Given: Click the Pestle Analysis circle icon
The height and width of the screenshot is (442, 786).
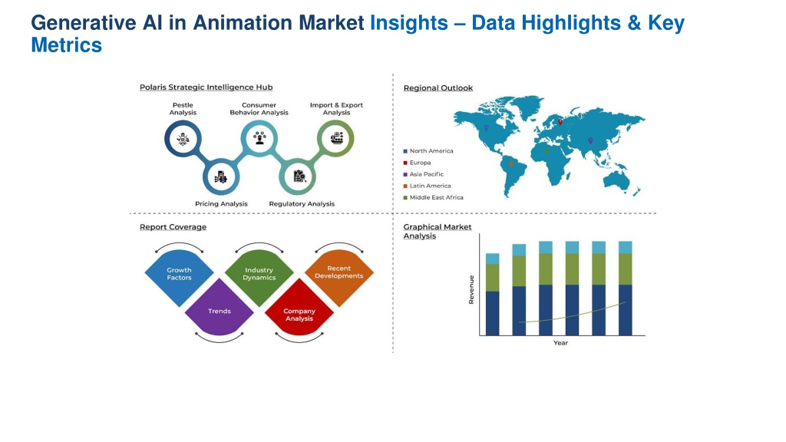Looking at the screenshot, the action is pos(183,138).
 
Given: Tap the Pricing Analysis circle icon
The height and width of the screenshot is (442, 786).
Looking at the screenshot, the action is pos(221,177).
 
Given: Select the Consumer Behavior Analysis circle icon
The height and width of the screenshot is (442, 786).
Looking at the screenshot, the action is pos(259,138).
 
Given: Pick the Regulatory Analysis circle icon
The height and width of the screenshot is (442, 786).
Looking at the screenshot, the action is pos(297,177).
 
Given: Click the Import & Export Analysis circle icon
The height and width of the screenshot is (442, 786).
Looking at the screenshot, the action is pos(335,138).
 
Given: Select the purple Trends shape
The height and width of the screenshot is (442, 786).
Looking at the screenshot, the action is pos(220,308).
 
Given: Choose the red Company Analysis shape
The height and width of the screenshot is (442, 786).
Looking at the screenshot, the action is pos(299,308).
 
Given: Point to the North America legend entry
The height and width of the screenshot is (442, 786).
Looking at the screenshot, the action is pos(428,151).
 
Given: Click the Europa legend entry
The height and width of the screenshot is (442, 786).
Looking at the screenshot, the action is pos(417,163).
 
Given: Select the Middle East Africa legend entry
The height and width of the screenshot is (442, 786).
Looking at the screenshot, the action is pos(433,197).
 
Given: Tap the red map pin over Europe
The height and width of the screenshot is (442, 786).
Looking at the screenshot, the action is pos(560,122).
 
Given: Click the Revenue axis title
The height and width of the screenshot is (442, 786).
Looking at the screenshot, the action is pos(471,289).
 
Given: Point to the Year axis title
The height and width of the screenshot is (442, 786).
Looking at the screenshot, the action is pos(560,343).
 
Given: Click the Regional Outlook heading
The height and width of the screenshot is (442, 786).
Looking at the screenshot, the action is pos(438,87).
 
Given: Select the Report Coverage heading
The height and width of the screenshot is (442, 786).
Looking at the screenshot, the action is pos(173,227).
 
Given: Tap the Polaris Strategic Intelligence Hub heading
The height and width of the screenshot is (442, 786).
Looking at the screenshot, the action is pos(206,87).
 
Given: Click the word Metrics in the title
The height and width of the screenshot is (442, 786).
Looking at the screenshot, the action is pos(67,45).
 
